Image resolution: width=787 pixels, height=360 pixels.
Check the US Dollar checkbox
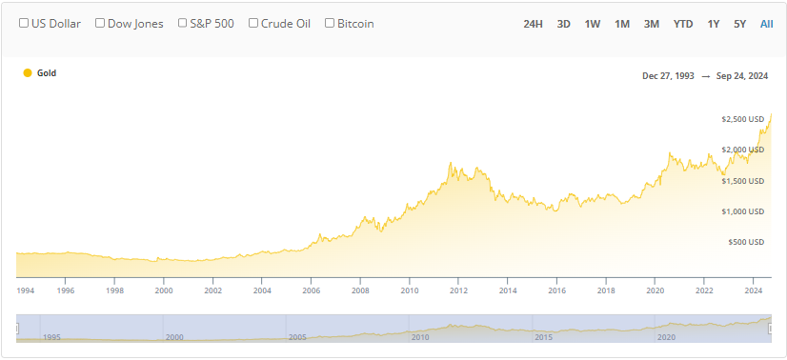[x=24, y=23]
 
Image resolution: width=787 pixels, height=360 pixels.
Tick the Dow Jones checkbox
[x=100, y=23]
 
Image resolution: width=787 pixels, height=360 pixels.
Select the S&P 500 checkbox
[x=183, y=23]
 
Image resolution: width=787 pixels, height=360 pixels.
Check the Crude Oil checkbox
[x=253, y=23]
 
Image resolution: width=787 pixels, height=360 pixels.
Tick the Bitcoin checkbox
[x=330, y=23]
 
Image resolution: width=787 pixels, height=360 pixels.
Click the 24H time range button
[x=533, y=23]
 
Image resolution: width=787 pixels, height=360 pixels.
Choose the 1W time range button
[x=593, y=23]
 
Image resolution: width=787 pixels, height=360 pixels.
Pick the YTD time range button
[x=683, y=23]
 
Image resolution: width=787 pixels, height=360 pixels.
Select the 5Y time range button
[x=740, y=23]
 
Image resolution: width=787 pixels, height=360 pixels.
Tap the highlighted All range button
[x=766, y=23]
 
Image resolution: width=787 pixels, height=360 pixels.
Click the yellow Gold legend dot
[x=28, y=72]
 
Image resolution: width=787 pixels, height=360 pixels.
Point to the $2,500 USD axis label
[x=743, y=119]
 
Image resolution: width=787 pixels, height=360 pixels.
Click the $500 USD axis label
[x=747, y=242]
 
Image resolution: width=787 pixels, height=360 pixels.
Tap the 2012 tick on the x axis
[x=458, y=291]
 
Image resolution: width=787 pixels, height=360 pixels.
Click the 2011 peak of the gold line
[x=450, y=164]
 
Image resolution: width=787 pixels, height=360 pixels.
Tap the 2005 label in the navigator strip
[x=297, y=337]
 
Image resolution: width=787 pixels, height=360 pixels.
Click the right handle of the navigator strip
[x=771, y=328]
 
